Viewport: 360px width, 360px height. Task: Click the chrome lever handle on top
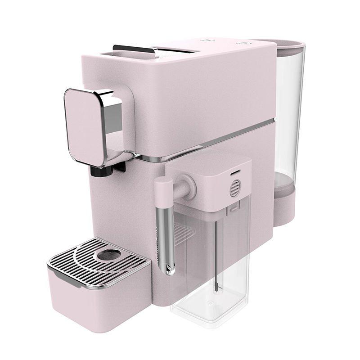tap(135, 49)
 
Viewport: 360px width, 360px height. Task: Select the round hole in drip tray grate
tap(109, 255)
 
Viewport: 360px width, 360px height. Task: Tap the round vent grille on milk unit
tap(235, 188)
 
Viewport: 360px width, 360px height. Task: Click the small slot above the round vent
tap(234, 172)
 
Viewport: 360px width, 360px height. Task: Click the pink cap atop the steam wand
tap(162, 187)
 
